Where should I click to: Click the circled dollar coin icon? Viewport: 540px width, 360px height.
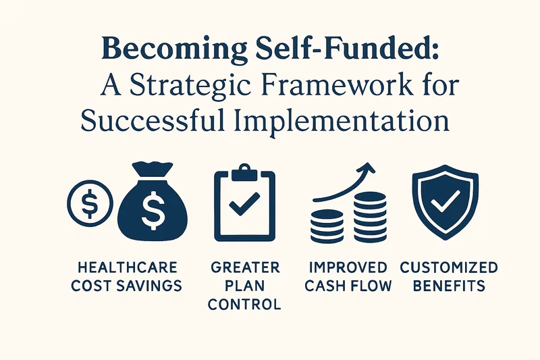click(x=90, y=203)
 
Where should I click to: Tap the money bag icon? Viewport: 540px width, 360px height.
click(x=153, y=201)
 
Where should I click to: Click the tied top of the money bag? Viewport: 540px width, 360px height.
click(x=153, y=169)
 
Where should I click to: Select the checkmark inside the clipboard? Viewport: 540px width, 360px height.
click(x=244, y=204)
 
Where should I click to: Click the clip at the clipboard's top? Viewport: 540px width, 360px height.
click(x=244, y=174)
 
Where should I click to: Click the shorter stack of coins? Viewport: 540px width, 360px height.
click(x=327, y=226)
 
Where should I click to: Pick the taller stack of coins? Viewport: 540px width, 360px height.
click(x=370, y=217)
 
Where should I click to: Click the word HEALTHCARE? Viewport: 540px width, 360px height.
click(x=128, y=267)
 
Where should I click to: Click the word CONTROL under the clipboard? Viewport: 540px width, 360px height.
click(x=244, y=304)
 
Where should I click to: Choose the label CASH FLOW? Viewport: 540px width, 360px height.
click(x=348, y=286)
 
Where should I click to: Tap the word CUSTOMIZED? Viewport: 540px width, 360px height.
click(x=449, y=267)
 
